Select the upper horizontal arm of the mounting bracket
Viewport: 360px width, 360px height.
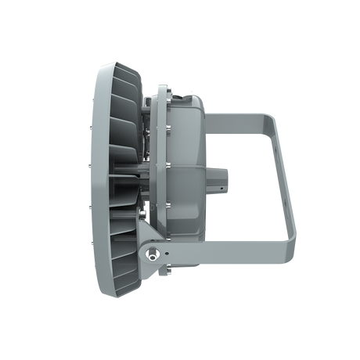point(235,118)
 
